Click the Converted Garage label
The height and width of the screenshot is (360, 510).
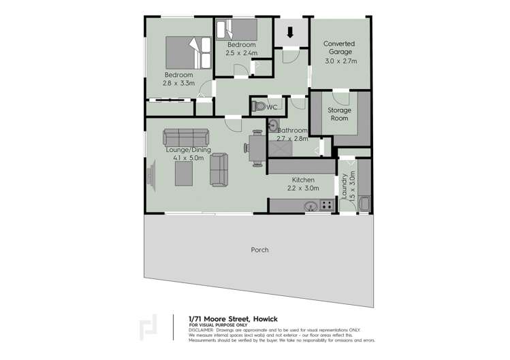point(340,48)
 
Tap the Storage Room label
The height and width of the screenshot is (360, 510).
point(339,114)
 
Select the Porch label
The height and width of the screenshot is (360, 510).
point(259,250)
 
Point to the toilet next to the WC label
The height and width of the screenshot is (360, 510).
point(259,107)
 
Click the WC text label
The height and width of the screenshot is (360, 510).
point(272,108)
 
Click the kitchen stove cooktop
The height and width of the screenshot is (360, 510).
point(327,203)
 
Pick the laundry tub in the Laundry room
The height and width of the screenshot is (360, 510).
point(364,203)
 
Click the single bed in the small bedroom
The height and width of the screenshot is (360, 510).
point(236,31)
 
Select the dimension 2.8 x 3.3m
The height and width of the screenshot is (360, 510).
point(178,83)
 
